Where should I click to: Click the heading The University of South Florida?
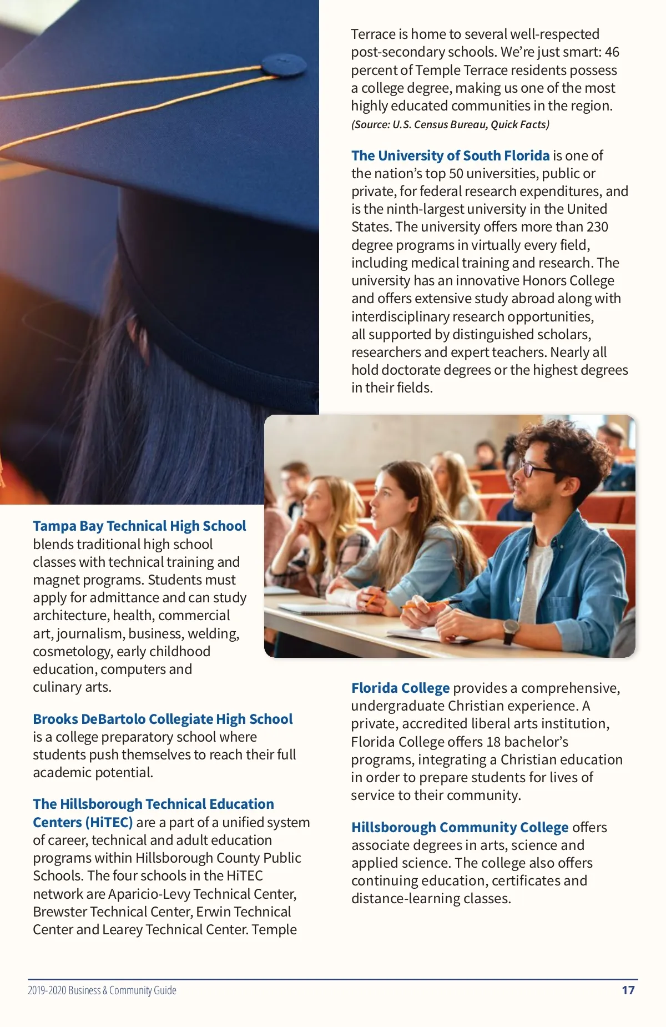(x=450, y=155)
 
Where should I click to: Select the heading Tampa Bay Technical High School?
(x=139, y=526)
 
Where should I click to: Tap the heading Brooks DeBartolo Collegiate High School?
(x=163, y=719)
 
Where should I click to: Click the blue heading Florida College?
(x=400, y=688)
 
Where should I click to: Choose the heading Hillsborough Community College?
(x=460, y=827)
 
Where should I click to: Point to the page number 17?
(x=628, y=990)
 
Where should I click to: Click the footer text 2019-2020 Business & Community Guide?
(x=102, y=990)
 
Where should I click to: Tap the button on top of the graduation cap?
(x=283, y=64)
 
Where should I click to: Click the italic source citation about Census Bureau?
(x=450, y=124)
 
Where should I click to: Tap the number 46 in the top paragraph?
(x=612, y=52)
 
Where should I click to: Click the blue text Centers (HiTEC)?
(x=83, y=822)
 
